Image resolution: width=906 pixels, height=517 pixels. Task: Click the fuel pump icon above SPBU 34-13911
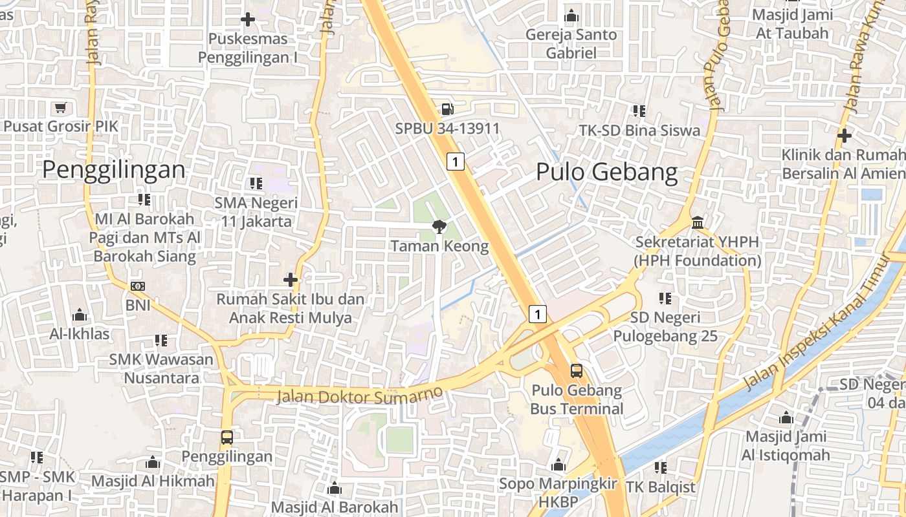point(447,109)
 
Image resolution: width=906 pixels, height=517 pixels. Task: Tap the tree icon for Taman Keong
point(439,226)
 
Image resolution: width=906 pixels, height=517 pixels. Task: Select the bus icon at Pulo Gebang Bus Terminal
point(576,371)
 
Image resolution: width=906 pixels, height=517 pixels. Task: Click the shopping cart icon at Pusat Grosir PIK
point(61,107)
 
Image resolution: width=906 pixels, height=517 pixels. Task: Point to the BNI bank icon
point(137,286)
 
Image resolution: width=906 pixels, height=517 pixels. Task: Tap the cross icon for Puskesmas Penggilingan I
point(247,19)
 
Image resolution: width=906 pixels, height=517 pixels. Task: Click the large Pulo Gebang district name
point(606,173)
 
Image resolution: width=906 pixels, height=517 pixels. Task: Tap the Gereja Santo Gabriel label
point(571,44)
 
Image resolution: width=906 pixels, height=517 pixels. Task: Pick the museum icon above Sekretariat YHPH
point(698,223)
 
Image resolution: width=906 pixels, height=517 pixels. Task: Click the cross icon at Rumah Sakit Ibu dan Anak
point(291,280)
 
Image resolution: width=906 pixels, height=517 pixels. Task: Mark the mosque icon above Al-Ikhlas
point(80,315)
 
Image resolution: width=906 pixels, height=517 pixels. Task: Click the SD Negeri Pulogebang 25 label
point(665,327)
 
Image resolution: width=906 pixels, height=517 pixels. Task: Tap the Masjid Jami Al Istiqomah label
point(786,446)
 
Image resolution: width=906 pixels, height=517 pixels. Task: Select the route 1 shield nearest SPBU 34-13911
point(456,161)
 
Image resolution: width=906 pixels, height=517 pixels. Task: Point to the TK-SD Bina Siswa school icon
point(639,111)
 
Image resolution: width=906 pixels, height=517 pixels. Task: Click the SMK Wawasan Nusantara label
point(161,368)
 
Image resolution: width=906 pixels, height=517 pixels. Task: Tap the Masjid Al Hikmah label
point(153,481)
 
